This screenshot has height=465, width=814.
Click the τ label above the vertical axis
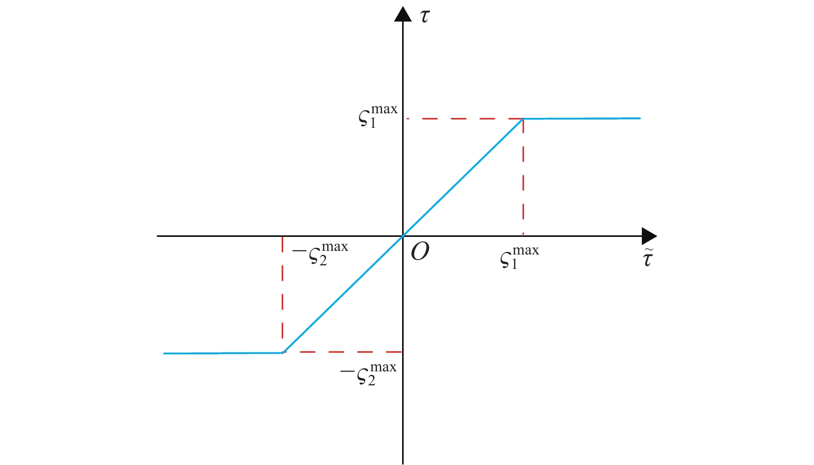point(425,16)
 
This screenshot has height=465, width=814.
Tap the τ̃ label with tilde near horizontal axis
point(648,258)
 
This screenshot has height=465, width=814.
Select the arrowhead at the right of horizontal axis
point(649,236)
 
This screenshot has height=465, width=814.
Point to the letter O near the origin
point(420,252)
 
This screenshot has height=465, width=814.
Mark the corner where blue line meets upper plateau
point(524,118)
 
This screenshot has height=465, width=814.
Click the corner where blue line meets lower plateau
point(283,353)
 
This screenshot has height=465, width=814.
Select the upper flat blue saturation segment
point(582,118)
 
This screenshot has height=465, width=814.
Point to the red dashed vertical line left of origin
point(282,294)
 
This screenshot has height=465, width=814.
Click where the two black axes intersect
point(403,236)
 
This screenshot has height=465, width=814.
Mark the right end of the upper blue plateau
point(640,118)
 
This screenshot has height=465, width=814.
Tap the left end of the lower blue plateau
point(164,353)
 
